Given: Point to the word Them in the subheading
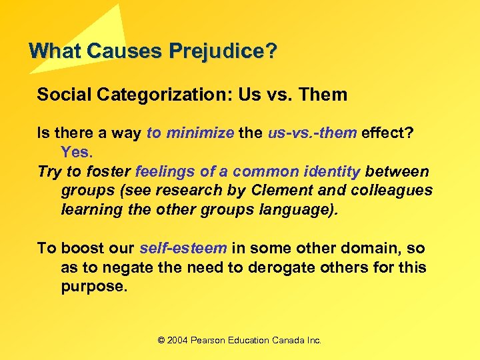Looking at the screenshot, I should (323, 95).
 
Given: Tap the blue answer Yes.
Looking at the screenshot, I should (76, 152).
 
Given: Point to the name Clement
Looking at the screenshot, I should (277, 190).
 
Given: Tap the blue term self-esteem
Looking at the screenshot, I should (183, 248).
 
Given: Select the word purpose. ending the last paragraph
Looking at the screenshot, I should (92, 286).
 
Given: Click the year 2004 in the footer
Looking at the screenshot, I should (177, 340).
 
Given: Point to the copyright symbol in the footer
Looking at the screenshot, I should (161, 340).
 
